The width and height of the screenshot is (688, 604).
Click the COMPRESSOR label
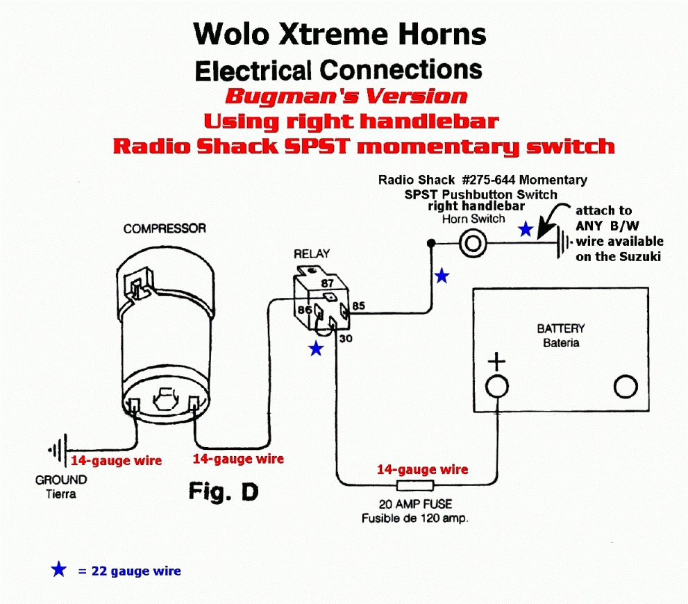(165, 228)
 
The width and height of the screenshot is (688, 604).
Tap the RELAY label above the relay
(312, 253)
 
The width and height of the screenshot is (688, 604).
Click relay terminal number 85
(358, 305)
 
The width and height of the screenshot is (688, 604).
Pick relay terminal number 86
(303, 310)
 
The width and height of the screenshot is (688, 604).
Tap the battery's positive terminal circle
(496, 386)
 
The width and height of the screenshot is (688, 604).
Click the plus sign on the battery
(496, 361)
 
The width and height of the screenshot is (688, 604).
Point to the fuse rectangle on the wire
(414, 485)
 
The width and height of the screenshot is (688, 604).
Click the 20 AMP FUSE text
(414, 504)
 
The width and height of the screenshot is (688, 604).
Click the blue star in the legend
(59, 570)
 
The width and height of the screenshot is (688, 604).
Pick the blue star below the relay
(316, 349)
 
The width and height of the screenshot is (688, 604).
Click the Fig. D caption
(224, 492)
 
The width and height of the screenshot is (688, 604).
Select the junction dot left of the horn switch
(431, 243)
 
